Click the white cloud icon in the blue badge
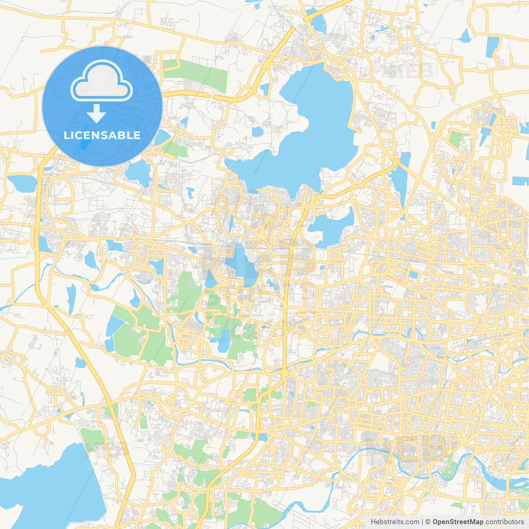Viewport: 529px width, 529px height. pos(102,81)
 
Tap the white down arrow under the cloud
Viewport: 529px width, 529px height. pos(96,114)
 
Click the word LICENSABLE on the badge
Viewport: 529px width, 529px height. pos(102,135)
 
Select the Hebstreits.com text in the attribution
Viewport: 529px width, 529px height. pos(395,522)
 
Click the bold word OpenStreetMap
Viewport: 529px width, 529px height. pos(458,522)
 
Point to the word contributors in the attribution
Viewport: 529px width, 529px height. pos(505,522)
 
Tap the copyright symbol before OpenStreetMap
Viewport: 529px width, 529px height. pos(428,522)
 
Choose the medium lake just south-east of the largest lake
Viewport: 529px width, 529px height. pos(331,227)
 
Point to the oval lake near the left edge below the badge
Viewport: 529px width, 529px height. pos(21,183)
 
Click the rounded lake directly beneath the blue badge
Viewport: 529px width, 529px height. pos(138,172)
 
